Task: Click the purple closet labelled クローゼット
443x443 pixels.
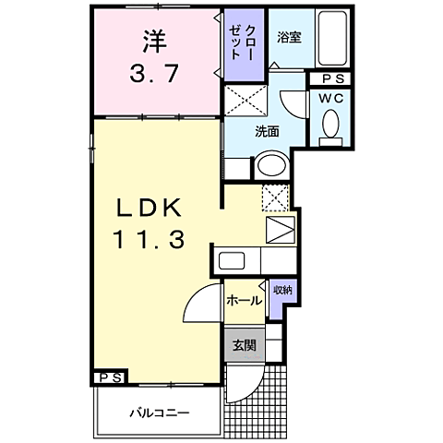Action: (244, 43)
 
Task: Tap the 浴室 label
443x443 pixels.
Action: (288, 37)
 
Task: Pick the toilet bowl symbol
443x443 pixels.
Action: (329, 126)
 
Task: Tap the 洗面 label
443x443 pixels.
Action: (269, 130)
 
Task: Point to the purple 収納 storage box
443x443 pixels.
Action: (282, 291)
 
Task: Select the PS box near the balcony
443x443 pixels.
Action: (109, 377)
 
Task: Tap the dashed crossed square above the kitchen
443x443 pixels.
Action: (277, 198)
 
